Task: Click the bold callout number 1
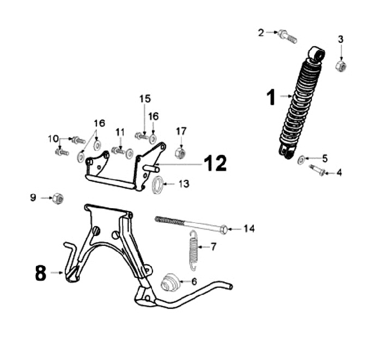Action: [x=271, y=98]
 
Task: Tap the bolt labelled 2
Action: [x=286, y=36]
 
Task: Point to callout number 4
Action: [x=339, y=173]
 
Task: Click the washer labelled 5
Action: [x=301, y=159]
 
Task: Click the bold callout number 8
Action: [x=40, y=273]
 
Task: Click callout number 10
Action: [x=53, y=139]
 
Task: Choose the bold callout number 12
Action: [x=215, y=163]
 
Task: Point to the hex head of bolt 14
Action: [x=224, y=229]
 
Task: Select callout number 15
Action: [x=144, y=99]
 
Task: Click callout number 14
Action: [x=249, y=229]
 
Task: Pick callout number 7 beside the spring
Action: [x=213, y=247]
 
